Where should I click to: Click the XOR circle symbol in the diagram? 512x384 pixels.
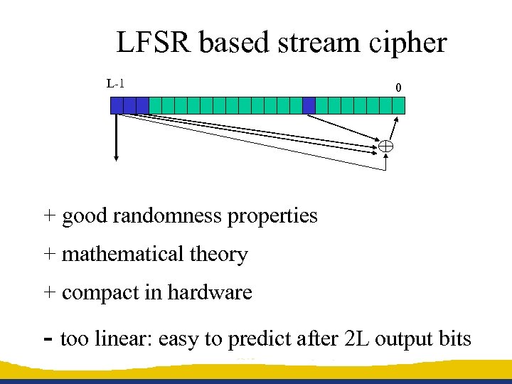385,146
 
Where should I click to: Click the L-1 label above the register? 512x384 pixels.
116,84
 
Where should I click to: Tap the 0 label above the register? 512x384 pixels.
398,87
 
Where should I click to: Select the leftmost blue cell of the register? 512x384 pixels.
117,105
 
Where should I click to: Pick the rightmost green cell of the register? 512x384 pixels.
398,105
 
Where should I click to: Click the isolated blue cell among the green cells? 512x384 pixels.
309,105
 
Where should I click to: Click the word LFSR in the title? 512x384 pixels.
154,43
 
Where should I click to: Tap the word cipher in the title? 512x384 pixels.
408,43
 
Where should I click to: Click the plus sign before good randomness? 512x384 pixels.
49,215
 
